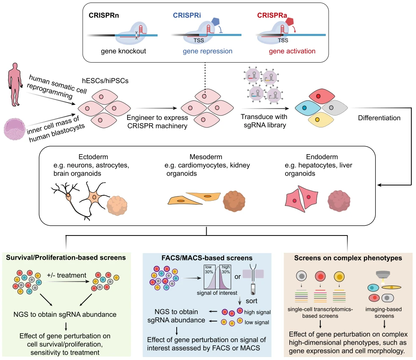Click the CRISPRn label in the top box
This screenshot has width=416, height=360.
tap(103, 16)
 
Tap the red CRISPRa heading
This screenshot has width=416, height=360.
tap(272, 16)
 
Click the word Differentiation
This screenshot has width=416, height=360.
tap(379, 118)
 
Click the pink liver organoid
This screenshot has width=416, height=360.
tap(341, 201)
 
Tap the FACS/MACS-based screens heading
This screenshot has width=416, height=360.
tap(207, 258)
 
